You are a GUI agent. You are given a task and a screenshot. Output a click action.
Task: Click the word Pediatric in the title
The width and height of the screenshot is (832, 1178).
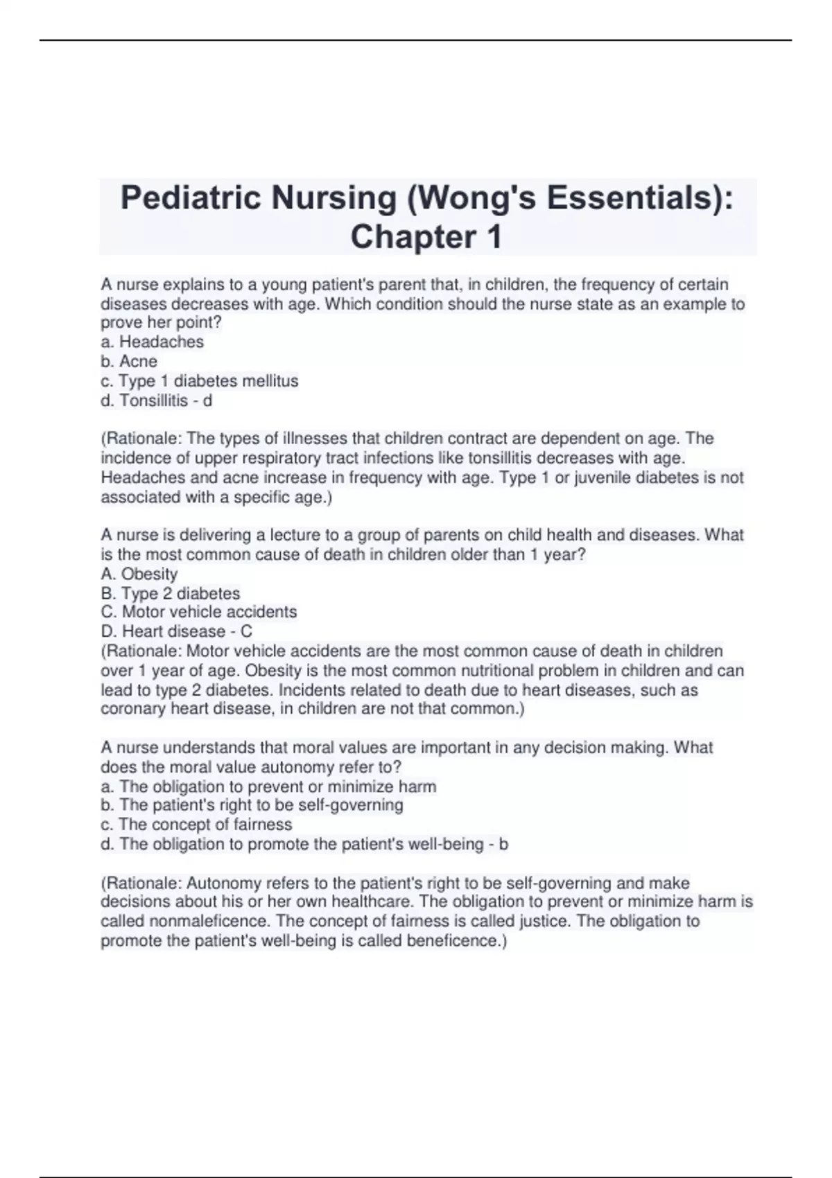tap(191, 199)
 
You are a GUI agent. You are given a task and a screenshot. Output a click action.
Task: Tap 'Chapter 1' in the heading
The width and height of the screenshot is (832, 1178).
tap(426, 237)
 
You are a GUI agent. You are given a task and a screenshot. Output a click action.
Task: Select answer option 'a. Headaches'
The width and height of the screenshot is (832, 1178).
tap(153, 342)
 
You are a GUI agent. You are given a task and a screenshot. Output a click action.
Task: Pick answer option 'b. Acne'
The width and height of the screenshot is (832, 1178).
tap(129, 362)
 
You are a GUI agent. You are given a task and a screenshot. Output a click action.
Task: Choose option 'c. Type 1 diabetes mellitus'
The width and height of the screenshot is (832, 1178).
tap(200, 381)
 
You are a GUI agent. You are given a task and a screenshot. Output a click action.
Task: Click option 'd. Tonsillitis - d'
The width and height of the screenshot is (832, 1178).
tap(157, 401)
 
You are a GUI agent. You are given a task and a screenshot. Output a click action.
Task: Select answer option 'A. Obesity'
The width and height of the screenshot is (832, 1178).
tap(139, 574)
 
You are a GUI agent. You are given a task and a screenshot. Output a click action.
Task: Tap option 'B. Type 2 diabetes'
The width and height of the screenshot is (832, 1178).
tap(171, 594)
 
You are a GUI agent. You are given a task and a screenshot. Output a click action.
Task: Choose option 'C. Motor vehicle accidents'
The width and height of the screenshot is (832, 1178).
tap(199, 613)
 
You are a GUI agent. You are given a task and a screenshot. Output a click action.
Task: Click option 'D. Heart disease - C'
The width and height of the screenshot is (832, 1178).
tap(177, 632)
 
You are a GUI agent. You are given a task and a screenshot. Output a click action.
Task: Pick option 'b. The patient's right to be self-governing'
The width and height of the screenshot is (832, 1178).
tap(252, 805)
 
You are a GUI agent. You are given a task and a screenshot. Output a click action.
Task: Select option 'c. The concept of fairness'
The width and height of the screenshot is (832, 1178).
tap(197, 825)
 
